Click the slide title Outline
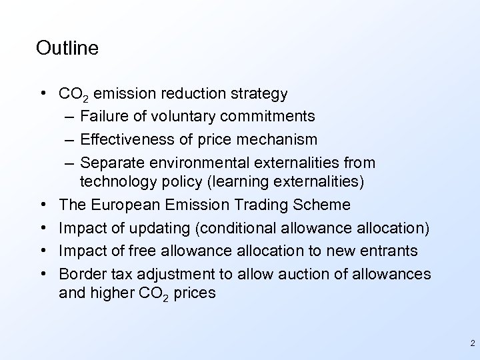point(68,48)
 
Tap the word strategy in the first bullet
point(256,93)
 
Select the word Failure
point(104,117)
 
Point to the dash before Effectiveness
point(71,139)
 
